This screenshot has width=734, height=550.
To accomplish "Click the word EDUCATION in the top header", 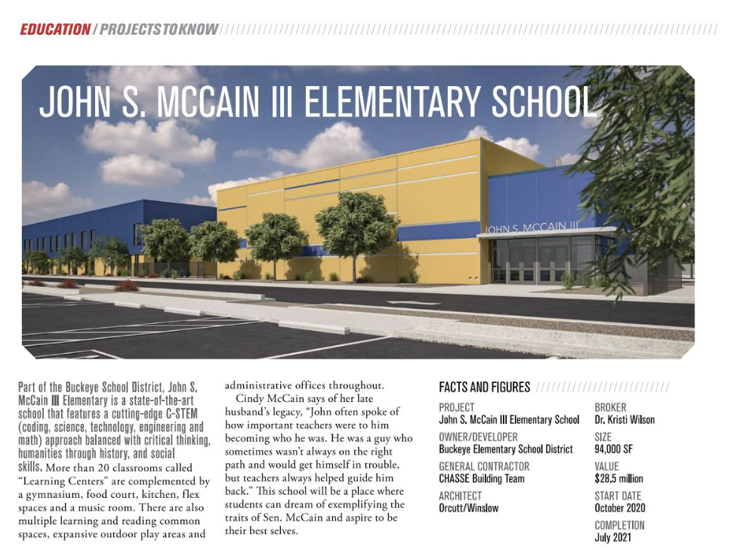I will [x=54, y=29].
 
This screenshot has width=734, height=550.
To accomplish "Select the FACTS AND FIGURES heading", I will [x=484, y=387].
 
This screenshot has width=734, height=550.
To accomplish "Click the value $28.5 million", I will [x=618, y=479].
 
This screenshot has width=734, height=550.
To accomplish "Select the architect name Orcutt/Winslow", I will [x=468, y=508].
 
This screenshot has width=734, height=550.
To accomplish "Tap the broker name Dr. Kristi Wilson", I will [x=625, y=420].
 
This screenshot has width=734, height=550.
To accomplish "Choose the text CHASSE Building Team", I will [x=481, y=479].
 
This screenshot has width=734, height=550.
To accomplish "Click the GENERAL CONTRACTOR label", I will [x=484, y=466].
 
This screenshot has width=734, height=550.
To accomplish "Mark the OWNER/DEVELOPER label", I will [x=478, y=437].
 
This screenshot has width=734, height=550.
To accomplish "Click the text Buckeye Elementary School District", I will [x=505, y=450].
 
